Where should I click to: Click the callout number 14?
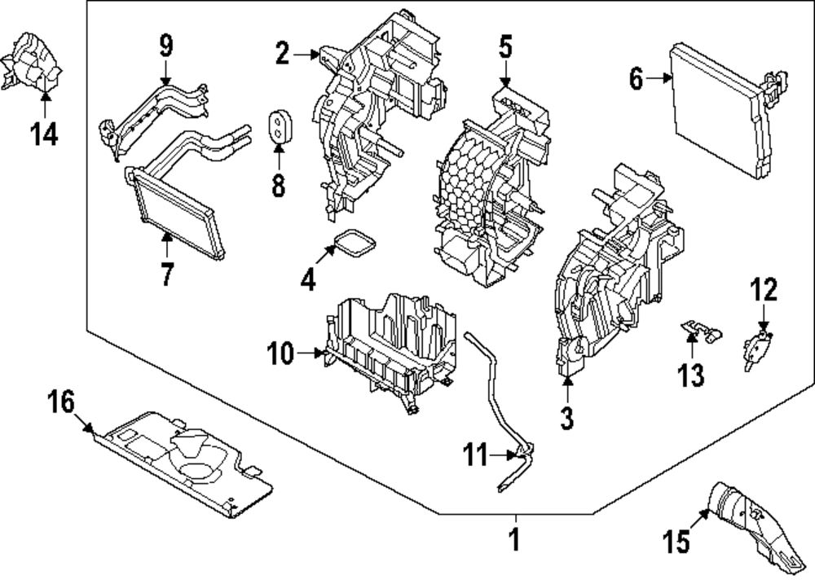click(45, 134)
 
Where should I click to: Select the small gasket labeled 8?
click(279, 125)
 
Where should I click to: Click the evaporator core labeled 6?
click(717, 110)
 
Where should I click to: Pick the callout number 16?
click(60, 402)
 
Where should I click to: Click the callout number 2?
click(282, 55)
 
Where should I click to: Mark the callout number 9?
click(165, 45)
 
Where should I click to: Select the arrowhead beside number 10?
click(319, 353)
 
